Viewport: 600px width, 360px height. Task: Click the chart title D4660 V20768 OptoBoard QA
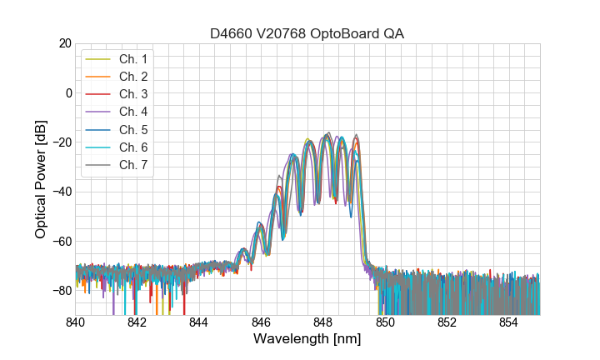(x=307, y=33)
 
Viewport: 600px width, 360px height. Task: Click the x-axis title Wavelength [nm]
(x=307, y=339)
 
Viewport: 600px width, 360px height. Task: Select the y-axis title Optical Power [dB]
(x=41, y=179)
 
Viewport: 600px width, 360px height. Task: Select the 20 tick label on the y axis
(x=64, y=43)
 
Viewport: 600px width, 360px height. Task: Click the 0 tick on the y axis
(x=67, y=92)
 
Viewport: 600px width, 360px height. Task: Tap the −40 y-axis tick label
(x=61, y=192)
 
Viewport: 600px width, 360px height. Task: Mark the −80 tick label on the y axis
(x=61, y=291)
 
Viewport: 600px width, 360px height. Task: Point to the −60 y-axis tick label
(x=61, y=242)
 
